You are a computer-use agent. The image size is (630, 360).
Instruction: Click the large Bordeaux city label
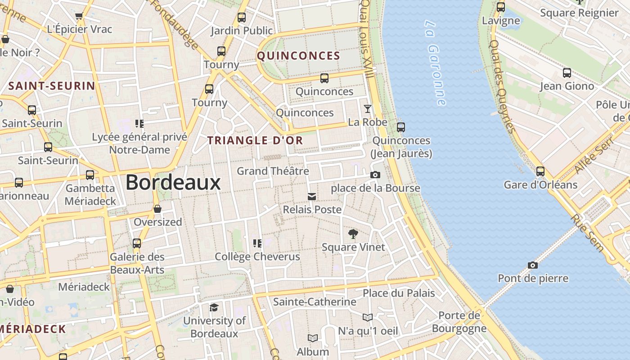coord(173,183)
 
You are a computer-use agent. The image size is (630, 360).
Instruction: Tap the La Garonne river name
coord(436,63)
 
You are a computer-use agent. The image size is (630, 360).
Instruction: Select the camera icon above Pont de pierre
coord(533,265)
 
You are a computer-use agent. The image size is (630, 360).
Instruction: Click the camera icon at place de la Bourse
coord(375,175)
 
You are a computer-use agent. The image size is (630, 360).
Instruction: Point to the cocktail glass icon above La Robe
coord(368,109)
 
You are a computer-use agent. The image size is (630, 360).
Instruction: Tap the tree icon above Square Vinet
coord(353,234)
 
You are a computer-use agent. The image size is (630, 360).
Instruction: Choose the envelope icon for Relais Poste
coord(312,197)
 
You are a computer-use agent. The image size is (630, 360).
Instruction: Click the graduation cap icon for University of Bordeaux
coord(214,307)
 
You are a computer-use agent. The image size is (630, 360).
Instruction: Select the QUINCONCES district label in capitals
coord(298,56)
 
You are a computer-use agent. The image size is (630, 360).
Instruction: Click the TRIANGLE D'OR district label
coord(255,140)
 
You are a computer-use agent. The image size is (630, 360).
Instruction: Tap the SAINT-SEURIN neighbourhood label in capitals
coord(52,86)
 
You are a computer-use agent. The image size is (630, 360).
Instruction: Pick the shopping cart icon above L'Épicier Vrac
coord(79,17)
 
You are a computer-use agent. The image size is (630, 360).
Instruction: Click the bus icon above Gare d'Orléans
coord(540,171)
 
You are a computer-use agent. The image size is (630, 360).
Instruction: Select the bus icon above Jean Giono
coord(567,72)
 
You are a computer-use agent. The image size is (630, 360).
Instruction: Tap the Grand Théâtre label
coord(273,171)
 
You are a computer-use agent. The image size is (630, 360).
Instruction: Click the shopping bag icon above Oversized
coord(157,209)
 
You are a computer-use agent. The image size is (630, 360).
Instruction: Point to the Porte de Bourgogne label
coord(459,322)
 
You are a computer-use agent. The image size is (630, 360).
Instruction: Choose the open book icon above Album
coord(313,338)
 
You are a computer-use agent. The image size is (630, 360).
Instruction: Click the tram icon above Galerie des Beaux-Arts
coord(137,243)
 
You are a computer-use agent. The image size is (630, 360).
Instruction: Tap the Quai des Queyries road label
coord(502,85)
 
